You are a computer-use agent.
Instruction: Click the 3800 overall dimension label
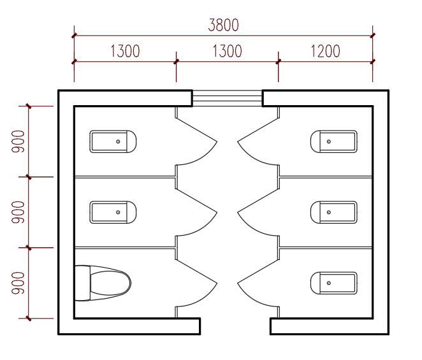pyautogui.click(x=223, y=25)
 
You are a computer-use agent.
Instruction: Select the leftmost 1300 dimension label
pyautogui.click(x=125, y=51)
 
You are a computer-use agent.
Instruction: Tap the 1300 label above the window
pyautogui.click(x=228, y=51)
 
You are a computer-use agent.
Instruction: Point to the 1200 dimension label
pyautogui.click(x=325, y=51)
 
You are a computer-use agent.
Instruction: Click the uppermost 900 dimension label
pyautogui.click(x=18, y=141)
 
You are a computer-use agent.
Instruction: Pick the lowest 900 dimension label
pyautogui.click(x=18, y=283)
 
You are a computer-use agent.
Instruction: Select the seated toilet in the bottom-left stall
pyautogui.click(x=103, y=283)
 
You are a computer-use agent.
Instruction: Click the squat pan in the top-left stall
pyautogui.click(x=113, y=141)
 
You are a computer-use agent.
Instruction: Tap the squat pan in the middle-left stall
pyautogui.click(x=113, y=212)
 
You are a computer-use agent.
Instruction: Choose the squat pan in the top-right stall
pyautogui.click(x=334, y=141)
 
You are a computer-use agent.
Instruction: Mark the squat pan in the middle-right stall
pyautogui.click(x=334, y=212)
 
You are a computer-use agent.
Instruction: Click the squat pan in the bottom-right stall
pyautogui.click(x=334, y=283)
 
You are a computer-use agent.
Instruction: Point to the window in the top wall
pyautogui.click(x=228, y=98)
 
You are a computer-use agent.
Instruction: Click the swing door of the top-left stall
pyautogui.click(x=197, y=130)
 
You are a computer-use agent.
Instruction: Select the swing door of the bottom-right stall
pyautogui.click(x=258, y=271)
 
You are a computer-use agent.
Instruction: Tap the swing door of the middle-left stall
pyautogui.click(x=197, y=201)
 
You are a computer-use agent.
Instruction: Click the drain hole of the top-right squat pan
pyautogui.click(x=328, y=141)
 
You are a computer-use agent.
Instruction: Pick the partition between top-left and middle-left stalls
pyautogui.click(x=125, y=176)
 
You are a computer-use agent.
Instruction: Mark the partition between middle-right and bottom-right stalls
pyautogui.click(x=326, y=247)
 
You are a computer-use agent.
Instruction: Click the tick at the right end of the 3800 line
pyautogui.click(x=373, y=35)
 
